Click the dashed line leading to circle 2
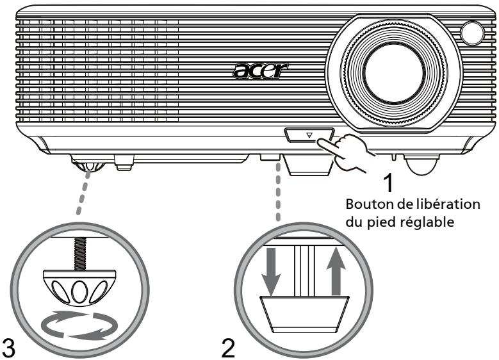tap(277, 192)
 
